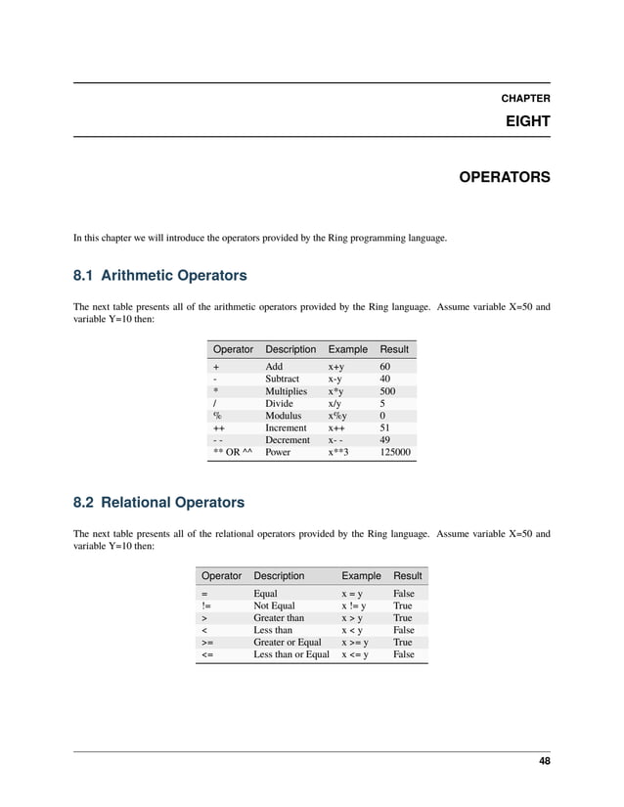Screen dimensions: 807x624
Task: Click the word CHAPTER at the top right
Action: tap(525, 99)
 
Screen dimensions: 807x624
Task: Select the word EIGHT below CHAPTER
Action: tap(527, 122)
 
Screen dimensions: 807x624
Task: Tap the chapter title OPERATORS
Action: tap(504, 178)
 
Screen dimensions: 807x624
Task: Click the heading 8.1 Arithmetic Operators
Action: tap(159, 275)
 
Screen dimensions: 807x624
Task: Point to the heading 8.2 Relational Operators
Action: tap(158, 503)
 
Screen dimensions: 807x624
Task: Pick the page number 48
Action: tap(543, 762)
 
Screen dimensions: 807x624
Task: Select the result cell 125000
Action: tap(395, 453)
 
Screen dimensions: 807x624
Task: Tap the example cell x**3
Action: tap(341, 453)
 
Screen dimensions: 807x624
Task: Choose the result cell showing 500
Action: tap(389, 391)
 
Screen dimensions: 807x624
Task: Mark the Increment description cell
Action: tap(286, 428)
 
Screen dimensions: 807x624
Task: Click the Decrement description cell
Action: tap(288, 440)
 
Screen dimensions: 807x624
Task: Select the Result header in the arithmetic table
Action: tap(394, 349)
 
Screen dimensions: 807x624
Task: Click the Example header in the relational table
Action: tap(360, 576)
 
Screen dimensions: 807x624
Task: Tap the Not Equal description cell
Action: tap(274, 606)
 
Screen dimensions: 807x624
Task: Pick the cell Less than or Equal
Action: tap(291, 655)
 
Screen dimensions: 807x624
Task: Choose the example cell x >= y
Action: tap(355, 643)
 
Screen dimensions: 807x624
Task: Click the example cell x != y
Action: tap(353, 606)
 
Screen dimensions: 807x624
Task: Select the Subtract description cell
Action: tap(283, 379)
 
